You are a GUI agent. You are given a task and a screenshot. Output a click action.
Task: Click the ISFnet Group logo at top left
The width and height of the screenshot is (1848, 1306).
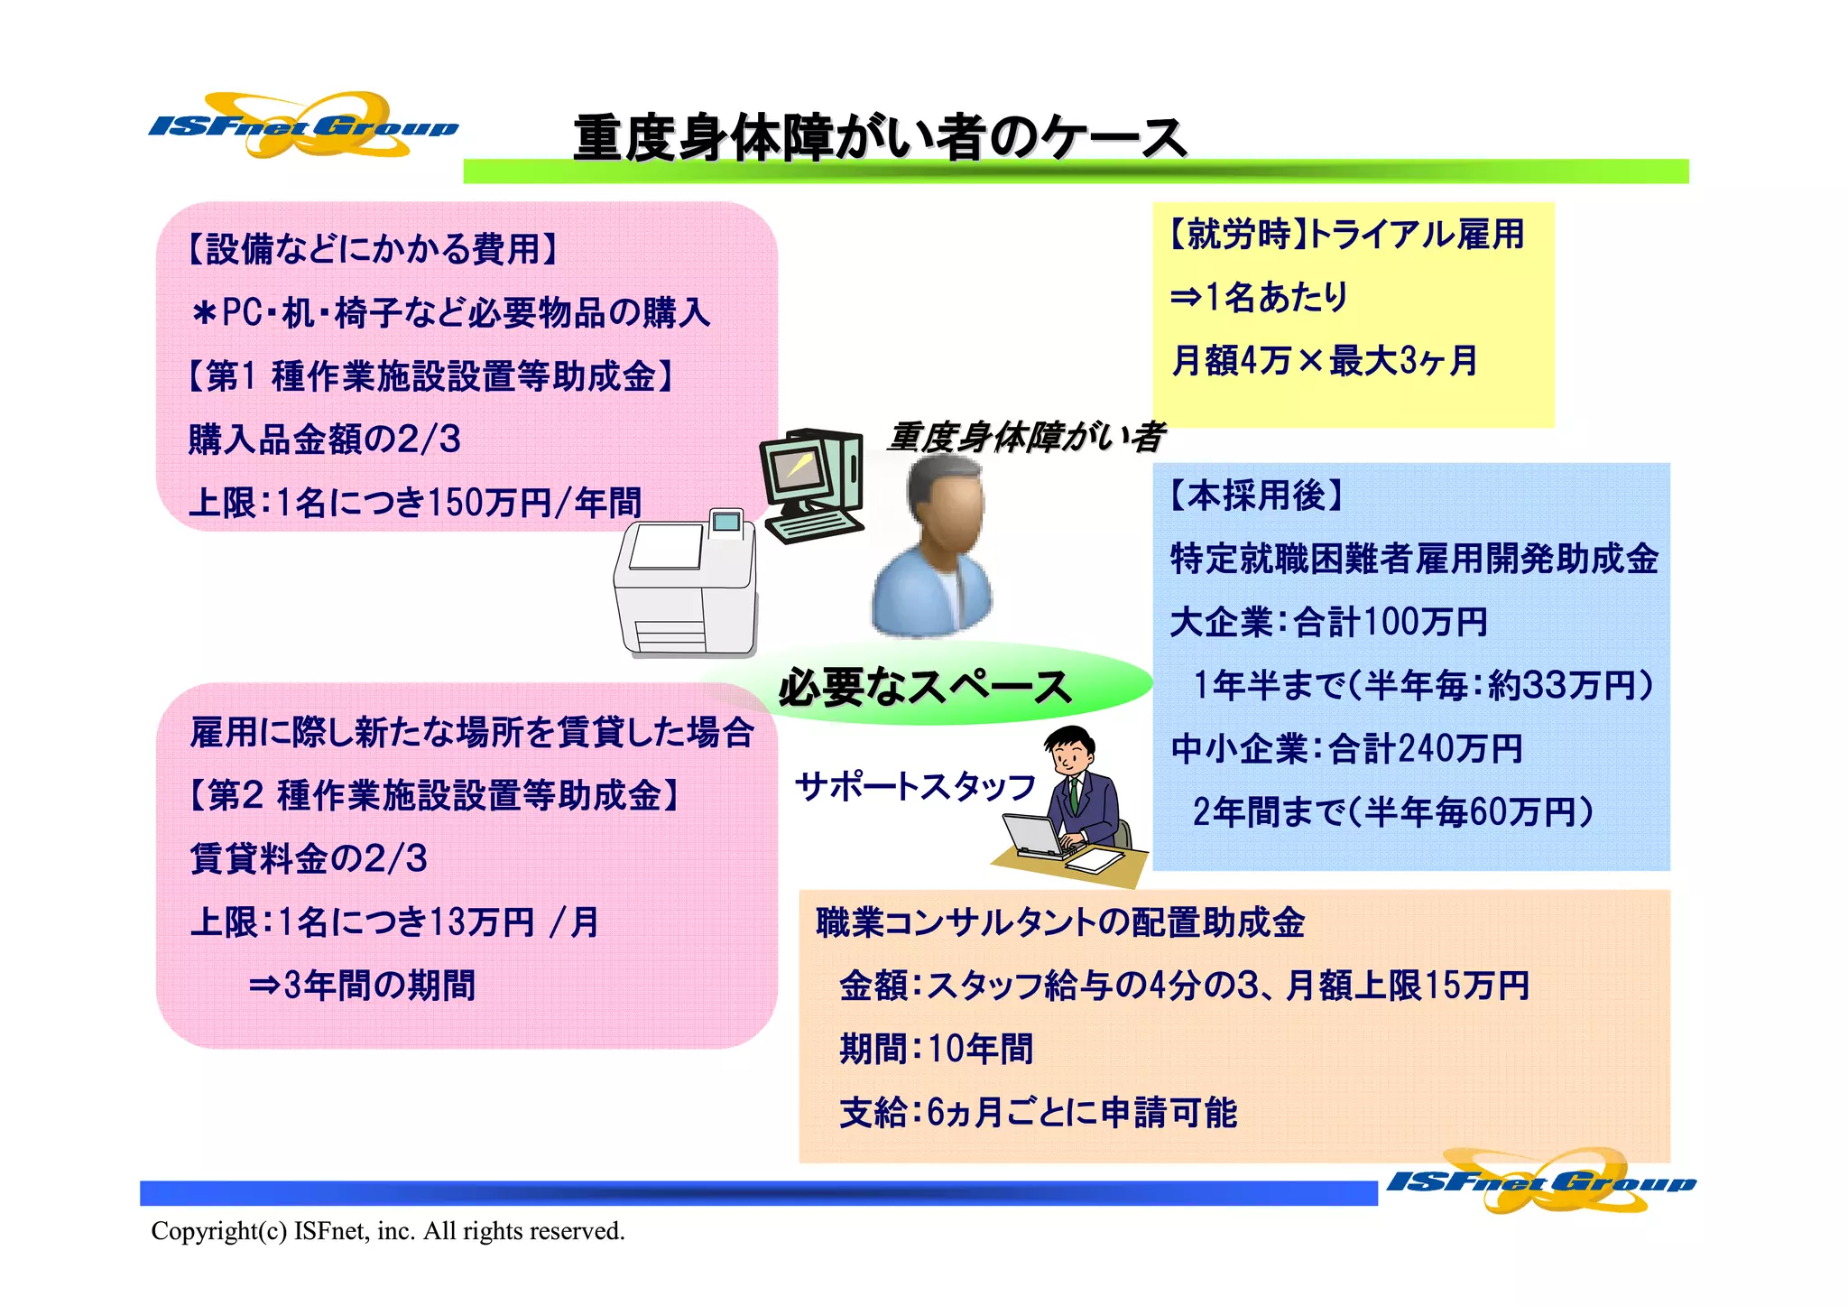click(x=302, y=125)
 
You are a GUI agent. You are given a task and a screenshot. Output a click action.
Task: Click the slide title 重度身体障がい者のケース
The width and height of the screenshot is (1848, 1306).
click(x=879, y=138)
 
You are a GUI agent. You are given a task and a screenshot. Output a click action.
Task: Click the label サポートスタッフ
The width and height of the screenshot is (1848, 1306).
click(x=915, y=787)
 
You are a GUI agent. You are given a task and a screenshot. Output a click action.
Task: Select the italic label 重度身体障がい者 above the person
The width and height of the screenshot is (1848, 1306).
click(x=1025, y=438)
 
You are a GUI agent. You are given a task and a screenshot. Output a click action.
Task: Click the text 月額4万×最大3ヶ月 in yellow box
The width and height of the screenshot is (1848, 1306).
click(x=1324, y=361)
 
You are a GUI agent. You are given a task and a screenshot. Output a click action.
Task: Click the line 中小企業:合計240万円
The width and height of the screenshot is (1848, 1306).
click(x=1346, y=749)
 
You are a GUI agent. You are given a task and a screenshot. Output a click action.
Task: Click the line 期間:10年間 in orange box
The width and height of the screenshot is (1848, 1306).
click(x=936, y=1049)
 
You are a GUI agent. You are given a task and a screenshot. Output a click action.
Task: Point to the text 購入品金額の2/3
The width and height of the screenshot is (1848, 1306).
click(x=325, y=440)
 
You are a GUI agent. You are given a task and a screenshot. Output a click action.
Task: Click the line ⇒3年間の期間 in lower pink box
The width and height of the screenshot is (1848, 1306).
click(x=362, y=985)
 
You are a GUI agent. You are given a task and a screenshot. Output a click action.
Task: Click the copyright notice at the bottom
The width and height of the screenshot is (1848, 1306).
click(x=388, y=1231)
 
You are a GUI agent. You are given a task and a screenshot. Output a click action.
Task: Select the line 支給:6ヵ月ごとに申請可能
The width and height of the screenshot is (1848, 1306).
click(x=1038, y=1113)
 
